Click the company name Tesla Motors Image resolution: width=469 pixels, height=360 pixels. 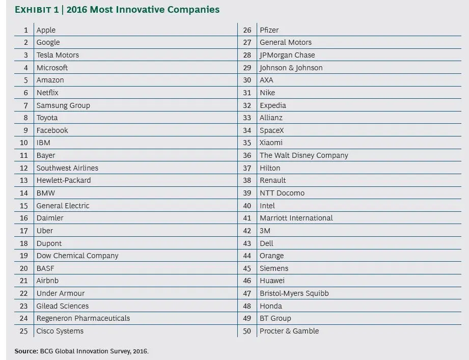coord(58,55)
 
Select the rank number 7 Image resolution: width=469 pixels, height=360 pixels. coord(26,105)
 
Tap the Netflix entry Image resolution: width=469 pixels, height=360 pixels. coord(47,93)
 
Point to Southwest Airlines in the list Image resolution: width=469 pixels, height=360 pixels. coord(67,168)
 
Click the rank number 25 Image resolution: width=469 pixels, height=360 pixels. coord(23,331)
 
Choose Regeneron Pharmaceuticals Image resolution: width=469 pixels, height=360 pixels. coord(83,318)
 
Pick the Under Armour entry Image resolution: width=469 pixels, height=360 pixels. coord(61,293)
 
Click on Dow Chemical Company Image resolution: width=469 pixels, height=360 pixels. coord(77,256)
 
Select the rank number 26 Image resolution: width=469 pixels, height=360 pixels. coord(247,30)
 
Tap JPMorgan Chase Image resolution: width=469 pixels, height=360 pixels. coord(287,55)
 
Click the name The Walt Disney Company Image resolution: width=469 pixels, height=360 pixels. coord(304,155)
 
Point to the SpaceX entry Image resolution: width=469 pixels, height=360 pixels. coord(271,130)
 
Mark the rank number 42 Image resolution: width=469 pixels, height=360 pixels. coord(247,231)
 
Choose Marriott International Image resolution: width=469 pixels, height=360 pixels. coord(296,218)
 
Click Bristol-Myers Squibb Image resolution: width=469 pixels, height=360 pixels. coord(294,293)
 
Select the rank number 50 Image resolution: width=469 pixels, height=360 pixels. coord(247,331)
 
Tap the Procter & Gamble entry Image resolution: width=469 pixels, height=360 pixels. coord(289,331)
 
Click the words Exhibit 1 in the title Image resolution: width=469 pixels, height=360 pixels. coord(37,10)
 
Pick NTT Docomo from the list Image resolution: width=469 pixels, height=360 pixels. coord(282,193)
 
